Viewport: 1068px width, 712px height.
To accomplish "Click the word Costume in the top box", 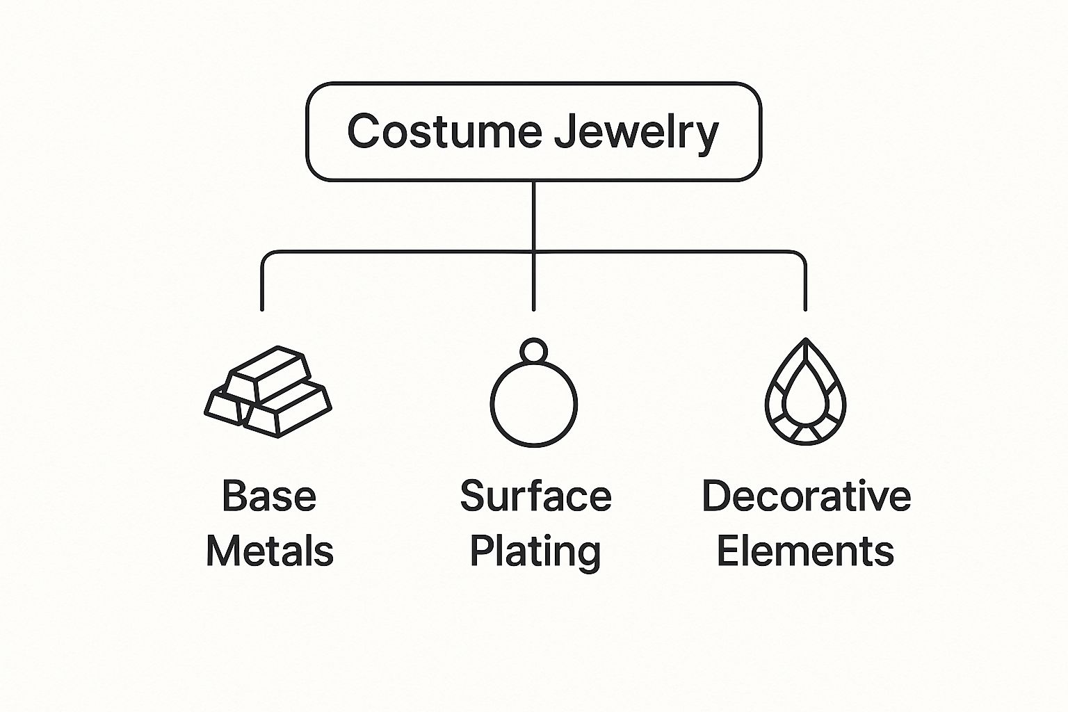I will [x=444, y=131].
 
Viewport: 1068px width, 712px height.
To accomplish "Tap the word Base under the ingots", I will [x=269, y=496].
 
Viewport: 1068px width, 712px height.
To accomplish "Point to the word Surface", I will [x=535, y=496].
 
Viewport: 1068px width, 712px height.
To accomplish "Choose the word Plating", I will [x=535, y=552].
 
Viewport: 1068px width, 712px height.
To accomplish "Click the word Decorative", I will [x=806, y=496].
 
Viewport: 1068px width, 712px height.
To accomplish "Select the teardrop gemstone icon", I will [x=805, y=392].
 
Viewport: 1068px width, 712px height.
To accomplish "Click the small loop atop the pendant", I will [x=534, y=350].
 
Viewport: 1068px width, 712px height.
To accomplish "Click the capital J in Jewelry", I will [x=565, y=130].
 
